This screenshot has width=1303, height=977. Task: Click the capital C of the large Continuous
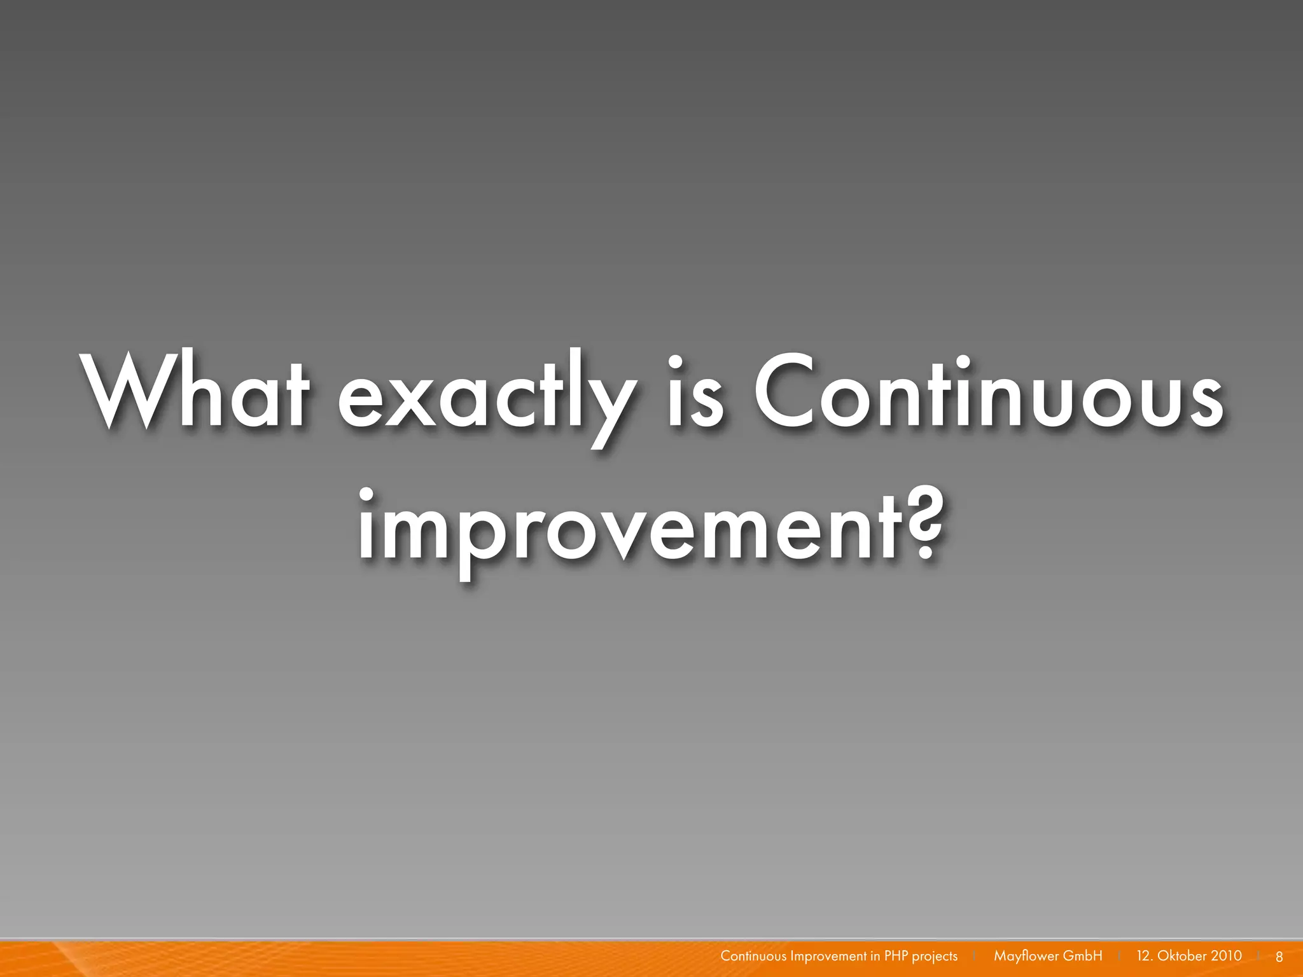click(x=788, y=391)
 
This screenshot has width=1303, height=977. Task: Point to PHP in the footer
click(x=896, y=956)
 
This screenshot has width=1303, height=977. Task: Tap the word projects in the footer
click(x=935, y=957)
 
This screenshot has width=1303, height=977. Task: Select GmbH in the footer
click(x=1083, y=956)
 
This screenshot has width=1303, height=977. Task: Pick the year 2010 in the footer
click(x=1226, y=956)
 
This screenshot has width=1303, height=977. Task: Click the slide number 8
click(x=1279, y=957)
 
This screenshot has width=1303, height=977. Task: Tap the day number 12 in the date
click(x=1144, y=956)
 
